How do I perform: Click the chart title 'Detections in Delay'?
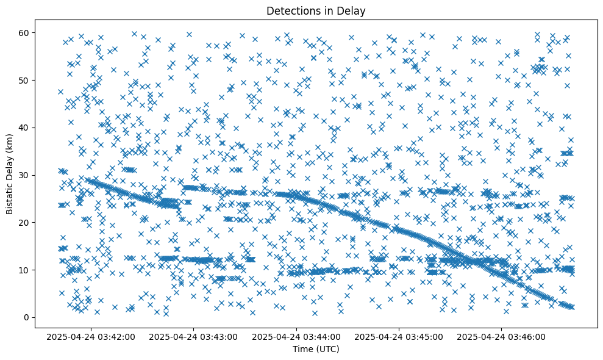coord(316,10)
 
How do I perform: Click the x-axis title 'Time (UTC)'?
coord(316,349)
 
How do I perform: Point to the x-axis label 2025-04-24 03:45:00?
coord(399,336)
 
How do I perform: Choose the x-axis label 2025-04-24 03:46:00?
coord(502,336)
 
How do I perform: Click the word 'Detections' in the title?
coord(290,10)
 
